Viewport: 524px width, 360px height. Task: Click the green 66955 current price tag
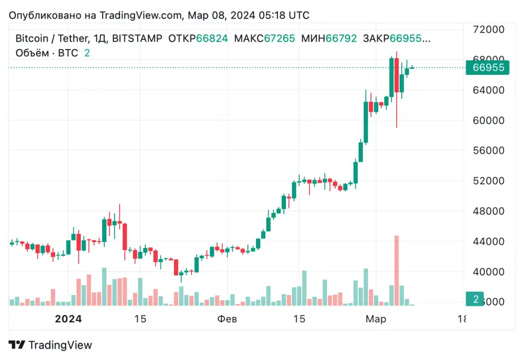[487, 68]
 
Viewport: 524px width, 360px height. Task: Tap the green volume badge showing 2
[475, 299]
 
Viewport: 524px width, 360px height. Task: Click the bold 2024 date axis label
[68, 319]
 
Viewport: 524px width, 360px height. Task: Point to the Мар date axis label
[376, 319]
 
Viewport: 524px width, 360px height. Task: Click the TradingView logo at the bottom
[50, 345]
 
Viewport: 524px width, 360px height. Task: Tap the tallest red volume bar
[397, 270]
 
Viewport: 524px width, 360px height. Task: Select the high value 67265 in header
[279, 39]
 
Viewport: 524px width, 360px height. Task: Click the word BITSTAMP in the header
[137, 39]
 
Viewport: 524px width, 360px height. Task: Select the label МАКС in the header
[248, 39]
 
